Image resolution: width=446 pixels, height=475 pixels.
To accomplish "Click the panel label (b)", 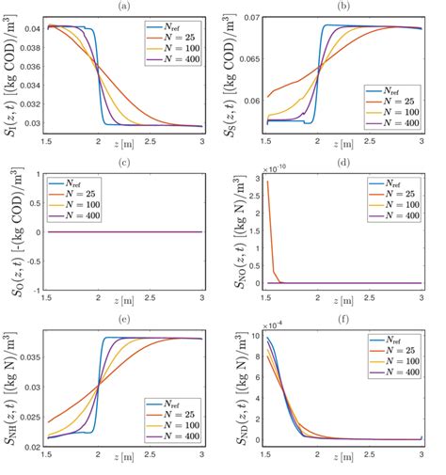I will tap(343, 6).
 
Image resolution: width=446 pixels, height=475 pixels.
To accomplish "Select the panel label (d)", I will tap(343, 163).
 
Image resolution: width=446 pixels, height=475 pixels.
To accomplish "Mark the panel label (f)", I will tap(343, 320).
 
